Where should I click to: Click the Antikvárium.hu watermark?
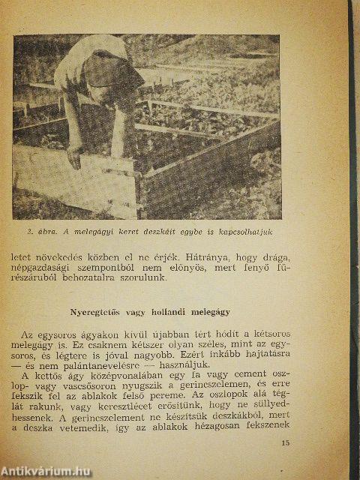(x=46, y=471)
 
